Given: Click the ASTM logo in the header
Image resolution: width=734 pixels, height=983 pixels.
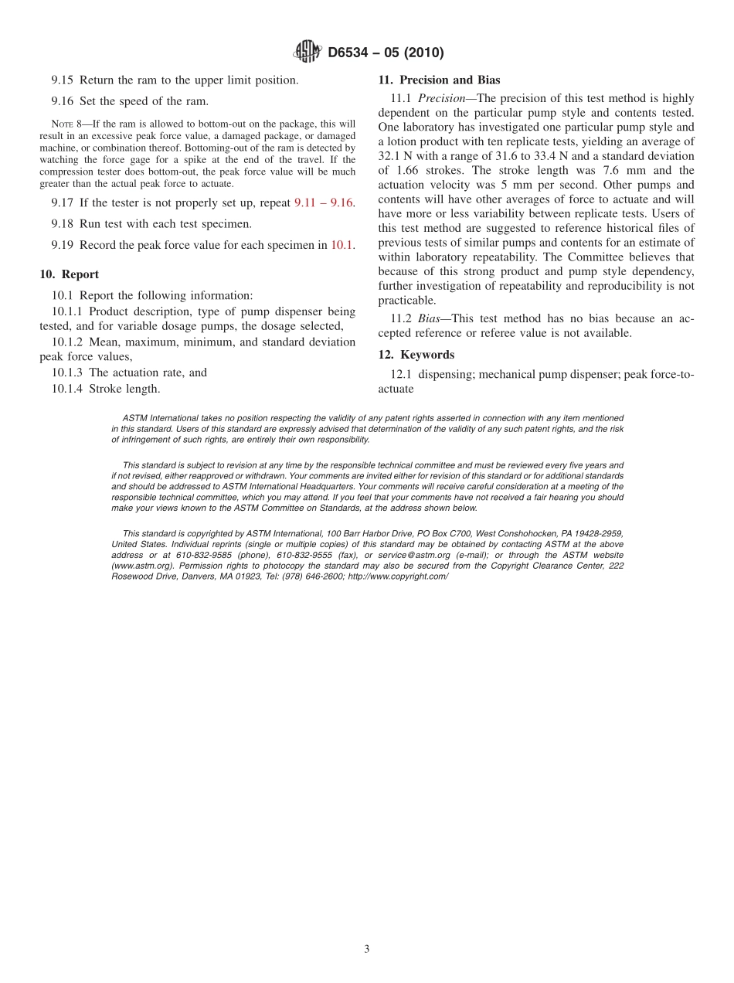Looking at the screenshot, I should [x=308, y=53].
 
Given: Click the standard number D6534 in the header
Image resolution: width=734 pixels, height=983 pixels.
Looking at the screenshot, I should [x=349, y=53].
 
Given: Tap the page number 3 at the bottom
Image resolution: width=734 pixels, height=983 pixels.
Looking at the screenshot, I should [x=367, y=949].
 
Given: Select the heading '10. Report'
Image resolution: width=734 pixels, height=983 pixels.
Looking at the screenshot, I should [x=69, y=274].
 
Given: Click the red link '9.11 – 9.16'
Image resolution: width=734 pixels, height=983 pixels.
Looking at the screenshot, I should [x=323, y=202].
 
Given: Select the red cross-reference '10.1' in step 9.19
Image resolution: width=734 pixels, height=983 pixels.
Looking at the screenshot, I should [x=342, y=245].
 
